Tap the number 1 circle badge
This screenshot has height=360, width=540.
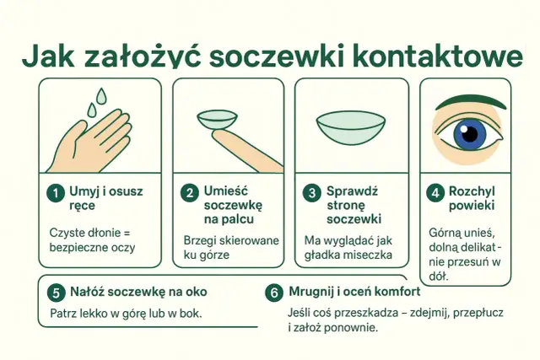(55, 192)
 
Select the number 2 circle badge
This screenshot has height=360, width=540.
(189, 192)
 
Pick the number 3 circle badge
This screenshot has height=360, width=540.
(310, 192)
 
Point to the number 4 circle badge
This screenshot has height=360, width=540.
(435, 192)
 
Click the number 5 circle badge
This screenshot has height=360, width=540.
(56, 292)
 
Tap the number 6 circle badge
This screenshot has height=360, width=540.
(273, 293)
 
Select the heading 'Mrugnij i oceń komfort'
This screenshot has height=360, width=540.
(354, 292)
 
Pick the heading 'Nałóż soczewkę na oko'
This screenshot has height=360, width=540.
(138, 292)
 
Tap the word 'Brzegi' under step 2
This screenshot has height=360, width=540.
(201, 240)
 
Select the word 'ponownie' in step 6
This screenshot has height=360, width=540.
(353, 327)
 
